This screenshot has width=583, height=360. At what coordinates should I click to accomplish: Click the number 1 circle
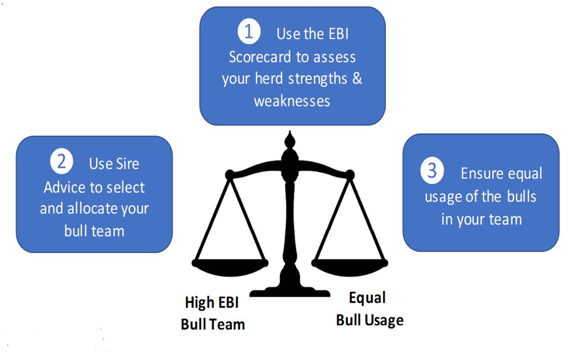click(x=249, y=33)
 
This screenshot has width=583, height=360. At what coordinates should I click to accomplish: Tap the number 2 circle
click(x=61, y=162)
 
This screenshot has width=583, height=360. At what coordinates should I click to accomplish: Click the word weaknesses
click(x=292, y=100)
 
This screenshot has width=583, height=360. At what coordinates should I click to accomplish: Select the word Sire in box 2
click(x=128, y=163)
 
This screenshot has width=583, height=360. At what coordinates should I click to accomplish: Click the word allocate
click(x=93, y=208)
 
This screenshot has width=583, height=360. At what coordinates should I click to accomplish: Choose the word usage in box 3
click(x=444, y=197)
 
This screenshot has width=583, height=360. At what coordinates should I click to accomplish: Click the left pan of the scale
click(x=230, y=264)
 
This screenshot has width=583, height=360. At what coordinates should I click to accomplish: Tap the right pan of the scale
click(x=349, y=265)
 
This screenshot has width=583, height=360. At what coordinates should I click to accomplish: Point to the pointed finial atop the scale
click(x=290, y=140)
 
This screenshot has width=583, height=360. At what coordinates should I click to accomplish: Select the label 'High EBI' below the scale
click(x=212, y=303)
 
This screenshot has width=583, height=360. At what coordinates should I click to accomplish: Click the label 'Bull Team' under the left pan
click(x=213, y=324)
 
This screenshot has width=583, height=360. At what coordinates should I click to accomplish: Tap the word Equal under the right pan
click(x=368, y=298)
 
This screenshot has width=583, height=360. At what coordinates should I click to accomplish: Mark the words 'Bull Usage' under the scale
click(x=370, y=320)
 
